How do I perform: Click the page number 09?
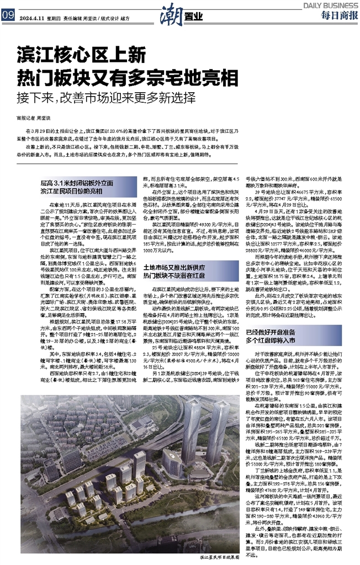click(x=8, y=15)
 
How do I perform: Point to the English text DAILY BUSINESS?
click(x=330, y=4)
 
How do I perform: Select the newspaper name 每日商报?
click(x=337, y=15)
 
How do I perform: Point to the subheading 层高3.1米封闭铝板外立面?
click(x=72, y=183)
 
